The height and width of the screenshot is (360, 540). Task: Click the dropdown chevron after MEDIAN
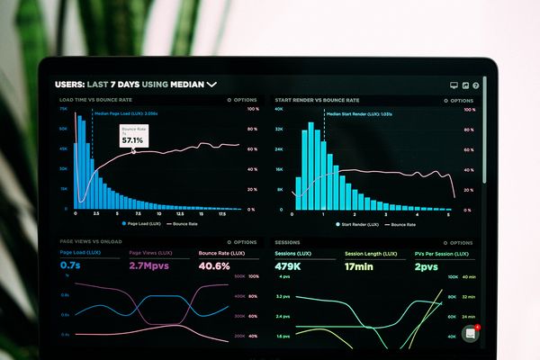(x=212, y=85)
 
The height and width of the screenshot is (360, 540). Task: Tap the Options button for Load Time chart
(x=242, y=100)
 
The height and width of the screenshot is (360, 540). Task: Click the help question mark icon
(x=476, y=85)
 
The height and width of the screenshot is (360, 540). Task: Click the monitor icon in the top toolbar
(x=454, y=85)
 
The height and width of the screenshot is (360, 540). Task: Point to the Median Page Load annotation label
(x=126, y=114)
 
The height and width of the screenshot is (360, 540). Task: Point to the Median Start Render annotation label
(x=346, y=114)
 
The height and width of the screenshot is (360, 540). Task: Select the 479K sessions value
(x=288, y=266)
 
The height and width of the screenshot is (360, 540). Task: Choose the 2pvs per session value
(x=426, y=266)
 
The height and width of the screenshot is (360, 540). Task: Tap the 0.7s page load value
(x=70, y=266)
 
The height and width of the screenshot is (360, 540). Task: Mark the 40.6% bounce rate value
(x=213, y=266)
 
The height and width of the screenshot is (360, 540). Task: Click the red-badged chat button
(x=470, y=333)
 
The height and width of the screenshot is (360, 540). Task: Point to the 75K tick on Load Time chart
(x=64, y=109)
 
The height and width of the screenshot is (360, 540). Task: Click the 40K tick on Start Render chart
(x=280, y=109)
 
